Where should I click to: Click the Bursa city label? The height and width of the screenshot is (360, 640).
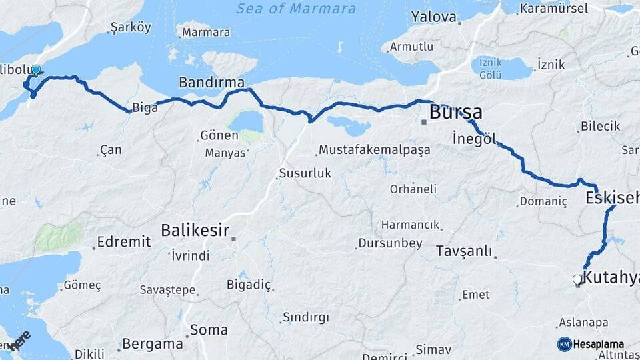point(456,112)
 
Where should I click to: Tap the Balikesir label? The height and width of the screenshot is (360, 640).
point(195,231)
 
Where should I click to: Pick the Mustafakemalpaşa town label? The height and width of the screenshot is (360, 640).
point(374,150)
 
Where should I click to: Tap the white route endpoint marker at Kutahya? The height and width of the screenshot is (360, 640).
point(577,280)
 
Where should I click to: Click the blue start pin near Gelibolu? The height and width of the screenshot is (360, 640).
point(35,70)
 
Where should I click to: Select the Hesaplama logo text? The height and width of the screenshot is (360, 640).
point(598,344)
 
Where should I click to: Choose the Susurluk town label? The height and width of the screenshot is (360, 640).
point(304,174)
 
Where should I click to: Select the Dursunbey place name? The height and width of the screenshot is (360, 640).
point(390,243)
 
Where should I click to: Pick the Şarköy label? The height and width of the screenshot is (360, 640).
point(130,28)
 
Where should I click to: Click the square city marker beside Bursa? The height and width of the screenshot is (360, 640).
point(423,121)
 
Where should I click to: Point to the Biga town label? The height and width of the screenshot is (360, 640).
point(145,108)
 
